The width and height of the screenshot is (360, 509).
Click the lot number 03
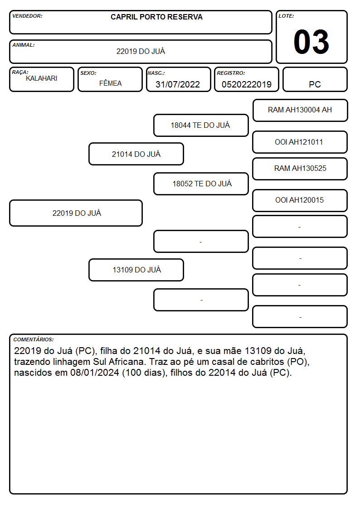tap(311, 42)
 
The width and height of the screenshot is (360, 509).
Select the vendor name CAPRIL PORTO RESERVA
tap(156, 17)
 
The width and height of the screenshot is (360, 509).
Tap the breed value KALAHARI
tap(42, 78)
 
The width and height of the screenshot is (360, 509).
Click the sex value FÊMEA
tap(110, 83)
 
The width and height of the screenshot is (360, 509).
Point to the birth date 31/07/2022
tap(178, 84)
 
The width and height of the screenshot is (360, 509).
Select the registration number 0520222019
tap(246, 84)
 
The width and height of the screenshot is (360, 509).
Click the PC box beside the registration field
tap(315, 79)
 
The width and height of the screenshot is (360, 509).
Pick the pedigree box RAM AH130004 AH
tap(300, 111)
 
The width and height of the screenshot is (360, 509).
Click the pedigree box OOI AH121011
tap(300, 142)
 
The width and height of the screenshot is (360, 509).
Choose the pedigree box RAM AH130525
tap(300, 169)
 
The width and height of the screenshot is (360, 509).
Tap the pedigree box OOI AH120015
tap(300, 200)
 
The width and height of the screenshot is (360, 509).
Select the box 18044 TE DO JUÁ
tap(201, 125)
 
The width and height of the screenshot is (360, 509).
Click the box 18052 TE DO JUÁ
tap(201, 184)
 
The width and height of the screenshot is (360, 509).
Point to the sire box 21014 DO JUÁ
tap(136, 154)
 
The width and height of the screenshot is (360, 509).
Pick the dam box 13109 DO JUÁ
tap(136, 270)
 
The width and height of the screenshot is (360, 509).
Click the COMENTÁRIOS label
tap(34, 339)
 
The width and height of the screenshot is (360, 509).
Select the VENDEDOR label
tap(27, 16)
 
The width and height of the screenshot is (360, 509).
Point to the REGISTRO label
tap(231, 73)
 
